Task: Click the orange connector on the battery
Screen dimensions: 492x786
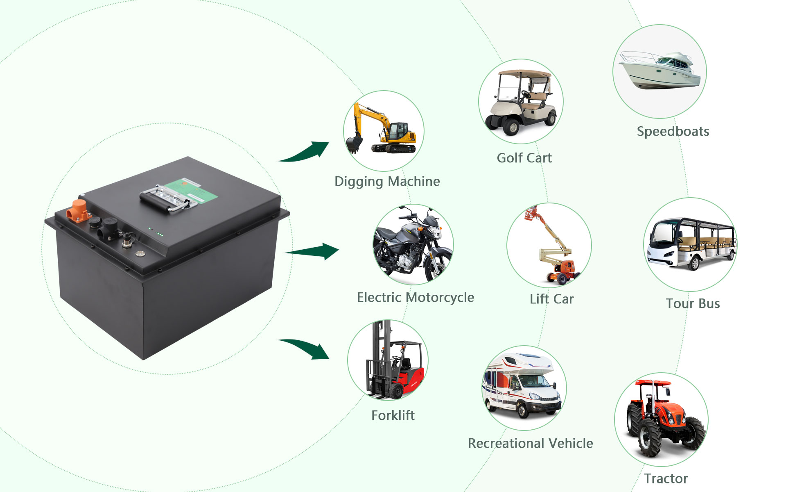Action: (78, 210)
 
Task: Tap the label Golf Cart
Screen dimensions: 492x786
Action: (524, 158)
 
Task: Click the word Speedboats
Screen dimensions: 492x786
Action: (673, 131)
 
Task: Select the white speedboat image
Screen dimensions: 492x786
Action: (660, 72)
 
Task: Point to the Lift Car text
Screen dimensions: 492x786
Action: (551, 299)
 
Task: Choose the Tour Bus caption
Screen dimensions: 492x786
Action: (693, 303)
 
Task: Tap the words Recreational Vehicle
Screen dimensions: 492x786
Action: (530, 443)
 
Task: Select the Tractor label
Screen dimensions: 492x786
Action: (666, 478)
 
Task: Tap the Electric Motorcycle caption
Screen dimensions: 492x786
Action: (415, 297)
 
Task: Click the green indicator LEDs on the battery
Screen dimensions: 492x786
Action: (159, 235)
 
